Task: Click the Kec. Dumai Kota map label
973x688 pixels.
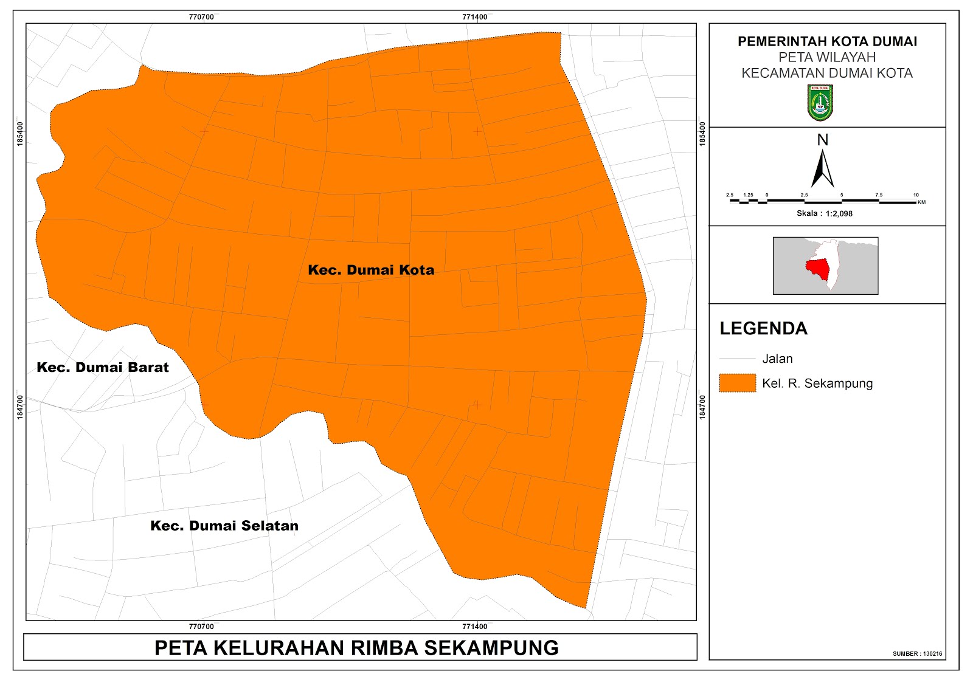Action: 371,270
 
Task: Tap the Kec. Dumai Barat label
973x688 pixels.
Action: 103,367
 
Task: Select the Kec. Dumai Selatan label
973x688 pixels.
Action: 224,526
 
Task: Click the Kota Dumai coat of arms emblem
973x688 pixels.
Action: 820,102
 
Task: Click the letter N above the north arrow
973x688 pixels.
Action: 823,140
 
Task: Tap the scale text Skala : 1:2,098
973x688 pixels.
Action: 825,213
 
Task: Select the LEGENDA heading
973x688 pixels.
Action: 763,329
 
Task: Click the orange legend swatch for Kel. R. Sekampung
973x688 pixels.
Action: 737,383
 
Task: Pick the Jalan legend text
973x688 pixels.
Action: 777,359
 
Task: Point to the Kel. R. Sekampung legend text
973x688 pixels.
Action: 817,384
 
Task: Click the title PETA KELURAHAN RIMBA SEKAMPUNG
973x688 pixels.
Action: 356,648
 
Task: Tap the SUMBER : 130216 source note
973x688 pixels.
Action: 917,654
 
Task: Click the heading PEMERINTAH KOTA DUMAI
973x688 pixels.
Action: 827,41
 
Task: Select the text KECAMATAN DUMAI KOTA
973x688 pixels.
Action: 827,74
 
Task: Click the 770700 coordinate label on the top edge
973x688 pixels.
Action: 201,17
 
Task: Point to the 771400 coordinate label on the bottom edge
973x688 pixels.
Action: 474,627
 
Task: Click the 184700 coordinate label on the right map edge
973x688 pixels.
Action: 703,407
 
